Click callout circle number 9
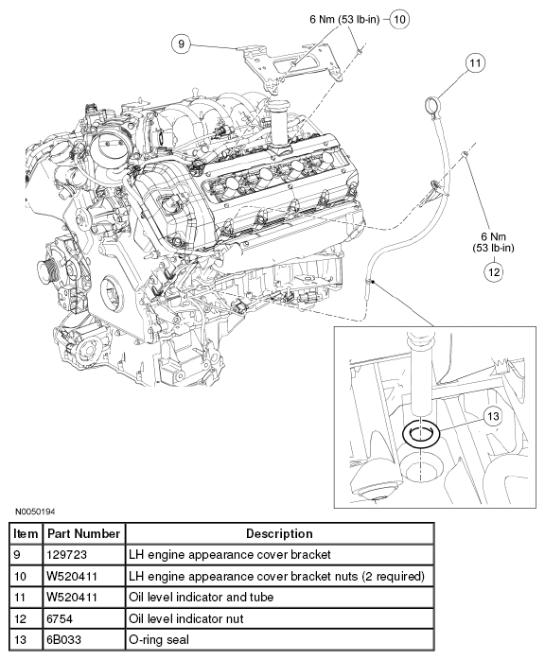[x=181, y=43]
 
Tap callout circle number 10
[x=399, y=19]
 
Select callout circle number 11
[x=475, y=63]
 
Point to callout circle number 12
[x=494, y=272]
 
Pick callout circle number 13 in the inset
[x=493, y=416]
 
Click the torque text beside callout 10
[x=344, y=19]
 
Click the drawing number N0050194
[x=35, y=512]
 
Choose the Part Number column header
[x=84, y=533]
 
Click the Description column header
[x=279, y=533]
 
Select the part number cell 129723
[x=66, y=555]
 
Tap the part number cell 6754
[x=60, y=618]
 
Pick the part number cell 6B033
[x=63, y=640]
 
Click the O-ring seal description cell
[x=159, y=640]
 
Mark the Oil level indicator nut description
[x=186, y=618]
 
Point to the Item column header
[x=26, y=533]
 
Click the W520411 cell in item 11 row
[x=72, y=598]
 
